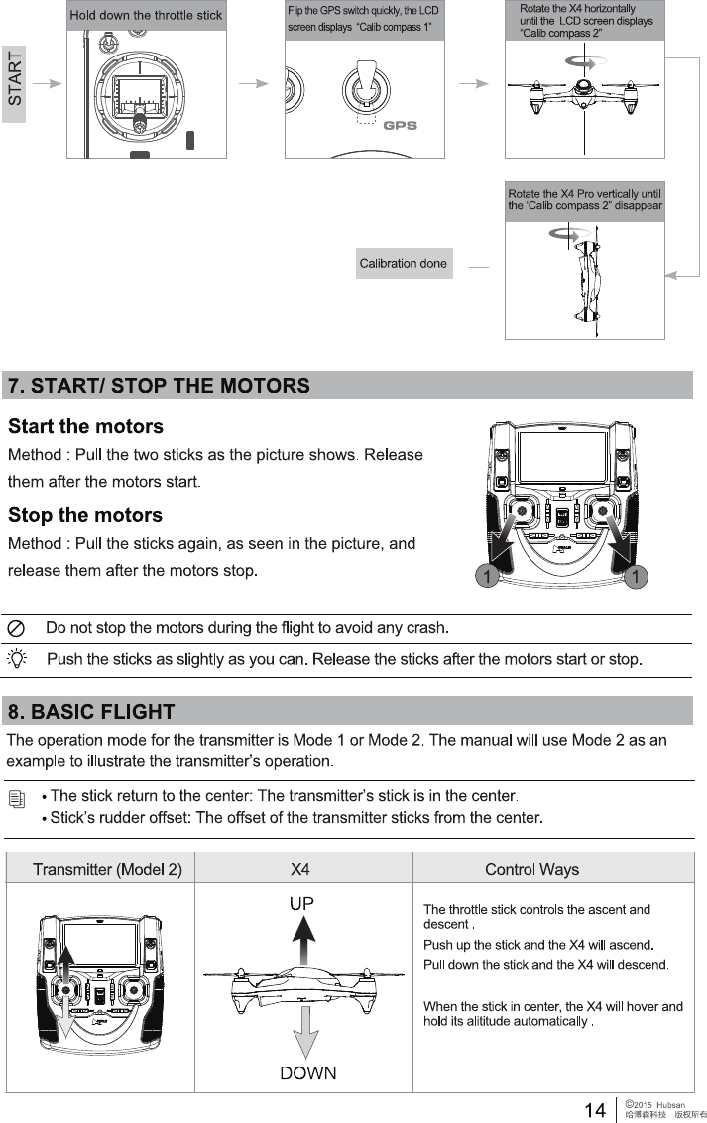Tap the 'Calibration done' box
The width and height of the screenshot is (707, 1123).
tap(404, 264)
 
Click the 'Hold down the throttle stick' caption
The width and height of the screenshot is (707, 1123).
tap(146, 16)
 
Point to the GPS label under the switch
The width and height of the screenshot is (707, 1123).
tap(400, 126)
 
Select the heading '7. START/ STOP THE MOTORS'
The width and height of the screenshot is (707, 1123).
tap(160, 386)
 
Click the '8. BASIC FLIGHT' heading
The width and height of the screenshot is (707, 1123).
tap(91, 712)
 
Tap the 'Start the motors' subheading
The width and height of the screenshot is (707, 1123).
tap(85, 427)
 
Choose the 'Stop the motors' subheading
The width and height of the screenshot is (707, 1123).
tap(84, 515)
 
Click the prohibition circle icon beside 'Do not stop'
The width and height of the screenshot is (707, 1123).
tap(17, 629)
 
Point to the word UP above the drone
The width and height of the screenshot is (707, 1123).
tap(301, 904)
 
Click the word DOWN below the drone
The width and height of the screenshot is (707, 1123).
tap(307, 1072)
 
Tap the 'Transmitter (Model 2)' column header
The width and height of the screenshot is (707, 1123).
tap(107, 870)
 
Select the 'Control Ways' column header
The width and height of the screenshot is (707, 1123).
tap(531, 870)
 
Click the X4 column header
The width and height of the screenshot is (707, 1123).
tap(300, 870)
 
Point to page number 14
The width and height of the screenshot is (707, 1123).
tap(595, 1110)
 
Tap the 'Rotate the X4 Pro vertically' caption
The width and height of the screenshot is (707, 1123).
tap(584, 199)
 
